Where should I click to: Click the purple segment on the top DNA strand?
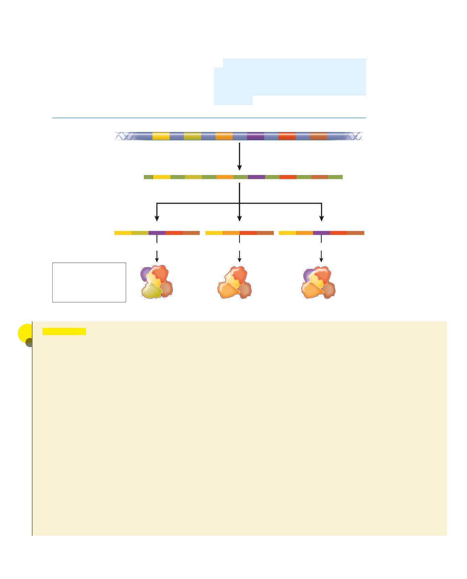255,136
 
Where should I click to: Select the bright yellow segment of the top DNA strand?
161,136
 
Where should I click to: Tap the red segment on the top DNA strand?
287,136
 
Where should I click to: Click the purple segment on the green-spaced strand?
256,177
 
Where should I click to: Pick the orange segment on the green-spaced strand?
225,177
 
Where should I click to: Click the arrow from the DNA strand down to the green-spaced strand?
240,156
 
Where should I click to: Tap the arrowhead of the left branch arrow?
157,218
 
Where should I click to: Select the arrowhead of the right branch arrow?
322,218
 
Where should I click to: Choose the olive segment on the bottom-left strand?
140,233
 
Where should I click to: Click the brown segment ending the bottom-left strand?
191,233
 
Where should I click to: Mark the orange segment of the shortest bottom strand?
231,233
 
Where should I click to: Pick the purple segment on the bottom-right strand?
321,233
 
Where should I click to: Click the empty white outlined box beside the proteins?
89,282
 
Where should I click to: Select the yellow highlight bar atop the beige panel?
64,331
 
